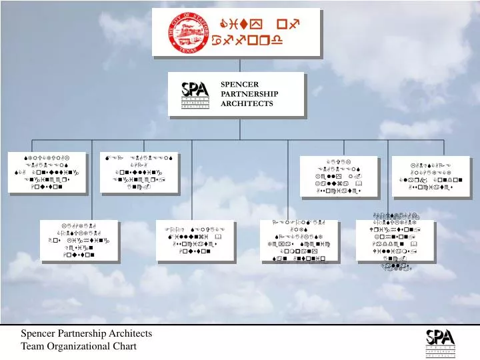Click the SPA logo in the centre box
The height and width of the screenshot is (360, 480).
tap(195, 94)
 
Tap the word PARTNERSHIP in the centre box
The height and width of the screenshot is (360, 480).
tap(249, 94)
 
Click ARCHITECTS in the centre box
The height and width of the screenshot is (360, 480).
tap(247, 103)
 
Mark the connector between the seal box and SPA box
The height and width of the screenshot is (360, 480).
tap(237, 64)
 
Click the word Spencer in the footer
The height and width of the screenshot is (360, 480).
tap(39, 333)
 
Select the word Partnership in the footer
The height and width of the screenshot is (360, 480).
tap(84, 333)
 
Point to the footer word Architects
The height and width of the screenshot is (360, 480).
tap(132, 333)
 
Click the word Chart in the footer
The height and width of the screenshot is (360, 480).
tap(124, 345)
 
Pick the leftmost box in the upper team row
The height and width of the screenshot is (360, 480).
tap(46, 172)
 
